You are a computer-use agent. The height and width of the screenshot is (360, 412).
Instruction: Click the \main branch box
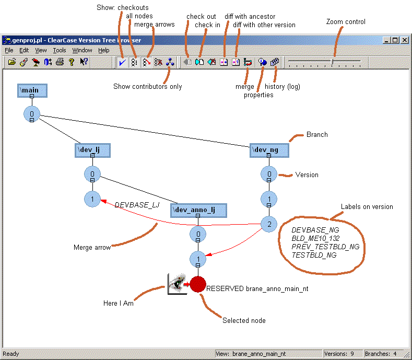[x=32, y=90]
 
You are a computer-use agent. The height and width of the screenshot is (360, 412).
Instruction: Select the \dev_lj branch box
[x=92, y=150]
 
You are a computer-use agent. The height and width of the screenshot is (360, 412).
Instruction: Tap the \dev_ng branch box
[x=269, y=150]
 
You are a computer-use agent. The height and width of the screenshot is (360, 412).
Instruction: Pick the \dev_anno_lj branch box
[x=198, y=210]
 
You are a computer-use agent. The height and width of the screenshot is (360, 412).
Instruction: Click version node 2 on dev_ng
[x=269, y=224]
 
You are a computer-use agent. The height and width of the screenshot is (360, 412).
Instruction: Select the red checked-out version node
[x=198, y=284]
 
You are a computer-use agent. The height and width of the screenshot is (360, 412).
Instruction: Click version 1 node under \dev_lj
[x=92, y=199]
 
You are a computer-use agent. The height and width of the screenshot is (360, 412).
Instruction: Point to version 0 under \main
[x=32, y=114]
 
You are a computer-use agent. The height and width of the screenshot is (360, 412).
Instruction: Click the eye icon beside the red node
[x=177, y=284]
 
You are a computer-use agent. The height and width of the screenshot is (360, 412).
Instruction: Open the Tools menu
[x=60, y=50]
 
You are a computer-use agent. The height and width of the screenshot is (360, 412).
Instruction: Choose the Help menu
[x=104, y=50]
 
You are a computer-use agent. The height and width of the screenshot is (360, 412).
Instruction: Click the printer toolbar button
[x=60, y=62]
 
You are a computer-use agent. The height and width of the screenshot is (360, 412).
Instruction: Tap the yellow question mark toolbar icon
[x=72, y=62]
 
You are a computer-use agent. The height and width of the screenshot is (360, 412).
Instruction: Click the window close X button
[x=405, y=40]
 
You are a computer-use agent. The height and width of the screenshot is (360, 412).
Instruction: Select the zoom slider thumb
[x=332, y=62]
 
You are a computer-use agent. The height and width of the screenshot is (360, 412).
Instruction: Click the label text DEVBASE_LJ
[x=137, y=205]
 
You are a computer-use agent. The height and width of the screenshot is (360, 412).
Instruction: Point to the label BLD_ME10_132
[x=315, y=238]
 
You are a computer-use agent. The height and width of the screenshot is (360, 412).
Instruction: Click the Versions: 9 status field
[x=339, y=354]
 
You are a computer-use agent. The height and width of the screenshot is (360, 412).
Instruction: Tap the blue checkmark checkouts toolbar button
[x=122, y=62]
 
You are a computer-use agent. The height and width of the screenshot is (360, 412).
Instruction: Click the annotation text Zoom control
[x=346, y=21]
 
